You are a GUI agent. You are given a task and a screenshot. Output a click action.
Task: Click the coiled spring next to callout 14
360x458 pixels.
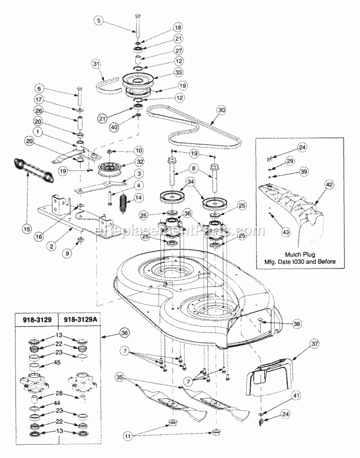[x=123, y=204]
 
